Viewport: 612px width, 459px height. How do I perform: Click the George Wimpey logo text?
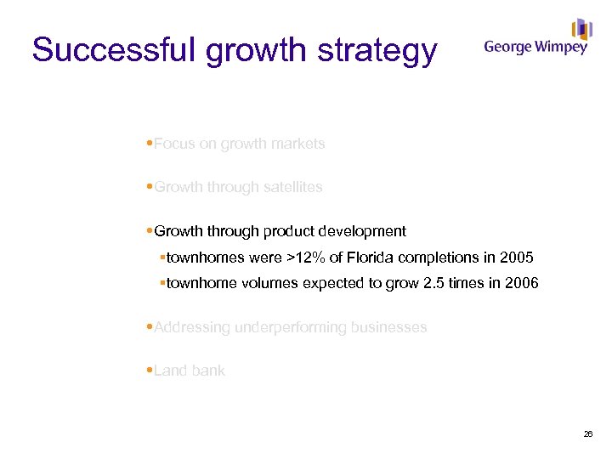(x=535, y=48)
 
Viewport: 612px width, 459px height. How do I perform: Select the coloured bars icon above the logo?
(x=581, y=29)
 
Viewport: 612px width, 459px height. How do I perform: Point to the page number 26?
(x=588, y=434)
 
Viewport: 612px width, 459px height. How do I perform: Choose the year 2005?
(x=517, y=258)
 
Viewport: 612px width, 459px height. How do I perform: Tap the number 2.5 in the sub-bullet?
(x=433, y=284)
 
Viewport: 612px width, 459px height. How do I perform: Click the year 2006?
(x=521, y=284)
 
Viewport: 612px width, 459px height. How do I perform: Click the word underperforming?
(x=289, y=327)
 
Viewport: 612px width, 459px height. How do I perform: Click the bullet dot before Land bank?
(x=150, y=371)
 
